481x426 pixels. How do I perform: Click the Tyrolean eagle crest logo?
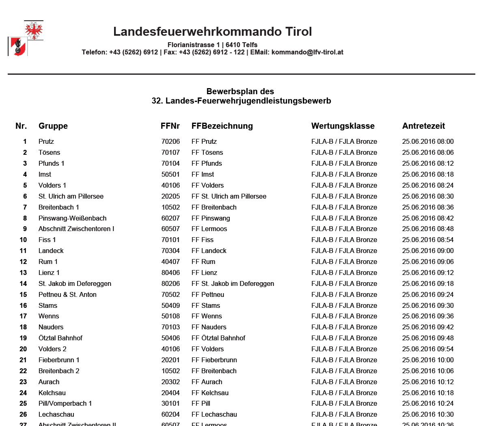point(26,39)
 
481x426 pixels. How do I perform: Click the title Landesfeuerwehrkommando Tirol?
point(212,32)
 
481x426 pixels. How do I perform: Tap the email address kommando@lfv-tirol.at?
point(307,52)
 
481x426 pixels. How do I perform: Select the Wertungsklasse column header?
point(343,126)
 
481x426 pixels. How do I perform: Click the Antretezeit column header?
point(423,126)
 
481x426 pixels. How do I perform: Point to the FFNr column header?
point(170,126)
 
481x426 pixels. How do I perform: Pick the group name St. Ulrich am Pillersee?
point(71,196)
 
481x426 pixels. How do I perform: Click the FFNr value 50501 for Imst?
point(170,174)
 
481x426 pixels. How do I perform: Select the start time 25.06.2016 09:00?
point(428,251)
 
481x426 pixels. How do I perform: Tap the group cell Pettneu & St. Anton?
point(67,294)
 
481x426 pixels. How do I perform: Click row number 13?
point(23,272)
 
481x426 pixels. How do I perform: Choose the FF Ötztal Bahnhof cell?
point(218,338)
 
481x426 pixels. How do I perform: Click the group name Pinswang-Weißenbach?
point(72,218)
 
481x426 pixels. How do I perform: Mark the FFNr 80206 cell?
point(170,283)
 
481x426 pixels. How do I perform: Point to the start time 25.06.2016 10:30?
point(428,414)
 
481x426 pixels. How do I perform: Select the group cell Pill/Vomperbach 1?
point(65,403)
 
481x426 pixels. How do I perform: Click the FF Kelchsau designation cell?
point(210,393)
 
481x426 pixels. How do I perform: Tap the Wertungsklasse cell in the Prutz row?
point(344,141)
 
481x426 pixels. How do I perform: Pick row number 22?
point(23,371)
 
